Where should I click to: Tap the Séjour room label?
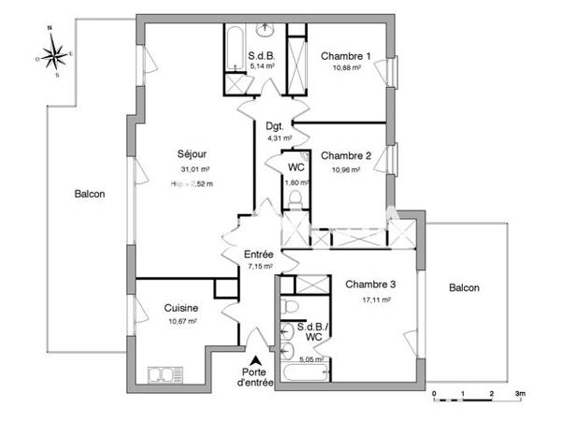(x=193, y=154)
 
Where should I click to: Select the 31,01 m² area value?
(x=195, y=169)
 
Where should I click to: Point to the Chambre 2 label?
(x=346, y=156)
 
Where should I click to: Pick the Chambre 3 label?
(x=370, y=285)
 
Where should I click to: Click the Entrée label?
(x=259, y=254)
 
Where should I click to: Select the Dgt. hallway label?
(x=274, y=125)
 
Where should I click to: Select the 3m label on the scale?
(x=521, y=394)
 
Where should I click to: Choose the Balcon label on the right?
(x=463, y=288)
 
